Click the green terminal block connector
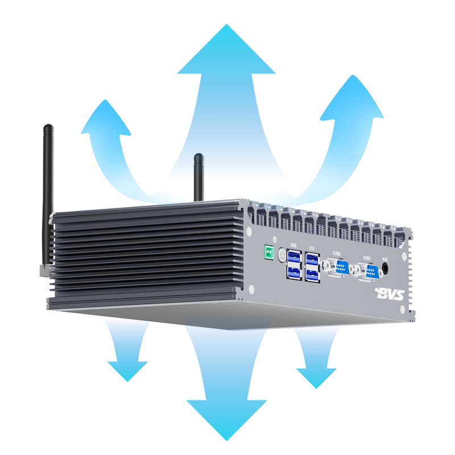pos(266,252)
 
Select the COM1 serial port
pos(370,271)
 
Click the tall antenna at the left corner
pos(48,188)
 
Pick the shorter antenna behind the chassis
pos(198,176)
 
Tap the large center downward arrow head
pos(226,418)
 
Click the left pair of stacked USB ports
pos(293,266)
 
